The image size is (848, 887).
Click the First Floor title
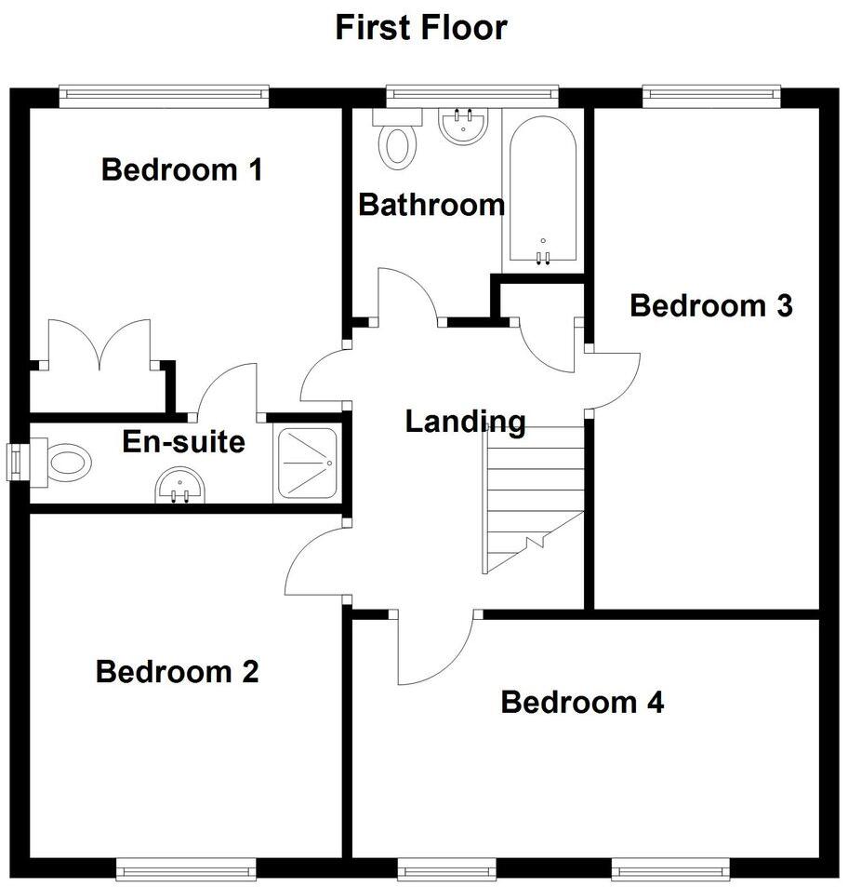click(421, 27)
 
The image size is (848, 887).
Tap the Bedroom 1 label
click(181, 170)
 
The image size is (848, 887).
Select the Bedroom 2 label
click(177, 671)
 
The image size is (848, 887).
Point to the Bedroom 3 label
click(711, 305)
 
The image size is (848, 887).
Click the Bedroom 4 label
click(582, 702)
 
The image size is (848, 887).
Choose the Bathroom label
click(431, 204)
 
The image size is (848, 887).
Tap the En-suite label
click(183, 441)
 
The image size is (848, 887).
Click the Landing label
click(465, 422)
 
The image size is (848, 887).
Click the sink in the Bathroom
click(462, 127)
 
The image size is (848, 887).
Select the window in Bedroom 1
click(164, 93)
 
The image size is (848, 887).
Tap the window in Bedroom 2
click(185, 870)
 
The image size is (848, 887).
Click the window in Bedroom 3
click(709, 93)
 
